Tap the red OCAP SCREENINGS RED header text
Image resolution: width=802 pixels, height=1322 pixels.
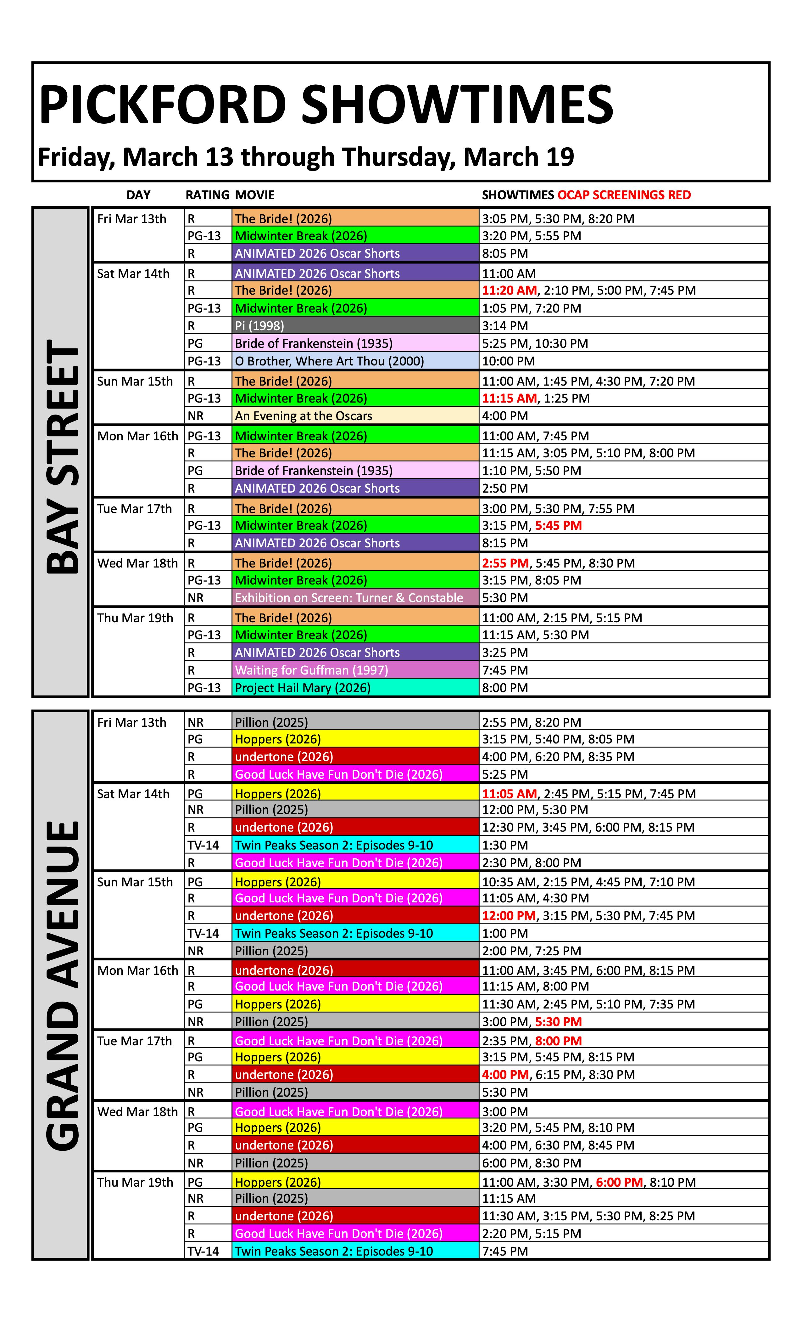(x=624, y=195)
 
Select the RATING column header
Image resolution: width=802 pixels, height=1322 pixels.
(x=207, y=195)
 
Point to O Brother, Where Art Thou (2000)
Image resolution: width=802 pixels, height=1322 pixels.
(x=329, y=361)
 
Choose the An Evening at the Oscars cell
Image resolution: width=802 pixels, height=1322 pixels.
(x=304, y=416)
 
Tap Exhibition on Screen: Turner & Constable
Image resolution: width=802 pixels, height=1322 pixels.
(x=348, y=598)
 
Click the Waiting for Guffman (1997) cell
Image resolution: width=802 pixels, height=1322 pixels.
(x=311, y=670)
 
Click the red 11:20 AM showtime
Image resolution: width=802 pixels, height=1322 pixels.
(x=509, y=290)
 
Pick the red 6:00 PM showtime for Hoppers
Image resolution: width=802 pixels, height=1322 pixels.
(x=619, y=1183)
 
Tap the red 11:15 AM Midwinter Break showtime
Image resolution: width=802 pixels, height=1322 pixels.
(x=509, y=398)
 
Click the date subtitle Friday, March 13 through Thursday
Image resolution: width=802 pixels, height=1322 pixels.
(x=306, y=157)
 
